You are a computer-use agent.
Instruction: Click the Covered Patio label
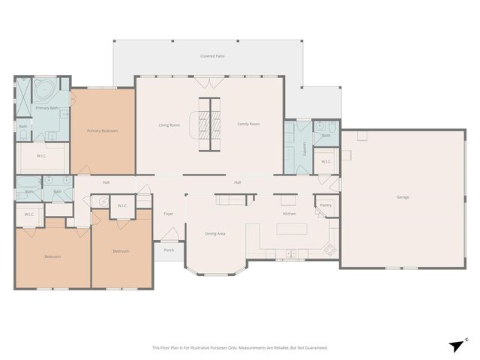[212, 56]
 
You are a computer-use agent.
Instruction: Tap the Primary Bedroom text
[102, 130]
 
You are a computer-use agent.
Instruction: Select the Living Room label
[169, 124]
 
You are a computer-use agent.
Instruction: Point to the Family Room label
[248, 124]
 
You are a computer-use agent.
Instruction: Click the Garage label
[403, 197]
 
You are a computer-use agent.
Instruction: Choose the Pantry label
[325, 205]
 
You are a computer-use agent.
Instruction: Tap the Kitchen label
[289, 214]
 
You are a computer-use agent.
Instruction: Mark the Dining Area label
[215, 234]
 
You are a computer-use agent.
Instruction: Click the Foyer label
[169, 214]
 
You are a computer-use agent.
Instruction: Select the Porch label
[169, 250]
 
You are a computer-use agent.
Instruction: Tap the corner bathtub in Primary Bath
[42, 91]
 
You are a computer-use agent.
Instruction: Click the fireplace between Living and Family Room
[209, 124]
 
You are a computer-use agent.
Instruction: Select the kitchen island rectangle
[292, 229]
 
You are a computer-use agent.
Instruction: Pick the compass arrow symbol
[457, 344]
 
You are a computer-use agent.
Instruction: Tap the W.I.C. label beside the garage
[326, 161]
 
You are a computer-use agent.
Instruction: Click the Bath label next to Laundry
[326, 136]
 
